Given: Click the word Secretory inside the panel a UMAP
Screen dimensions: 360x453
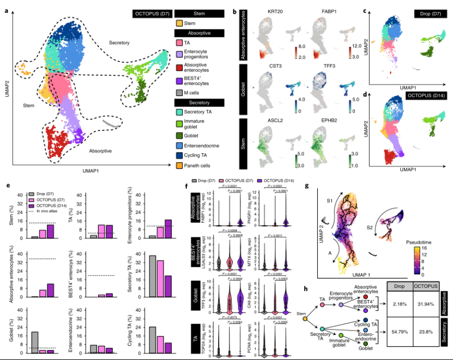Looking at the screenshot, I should pos(119,42).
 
